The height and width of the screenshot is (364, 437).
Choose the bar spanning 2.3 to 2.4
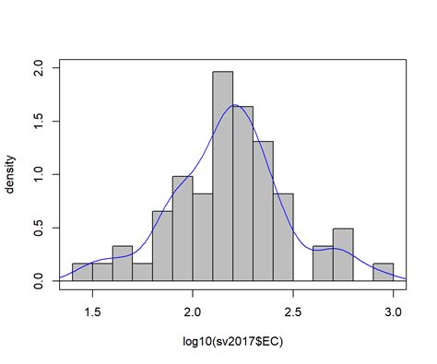pyautogui.click(x=263, y=211)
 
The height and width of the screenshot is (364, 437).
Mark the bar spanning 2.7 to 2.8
pyautogui.click(x=343, y=254)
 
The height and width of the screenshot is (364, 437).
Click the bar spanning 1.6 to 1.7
pyautogui.click(x=123, y=264)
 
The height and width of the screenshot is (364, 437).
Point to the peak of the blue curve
pyautogui.click(x=236, y=105)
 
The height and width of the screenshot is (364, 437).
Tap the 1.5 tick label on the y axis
pyautogui.click(x=38, y=122)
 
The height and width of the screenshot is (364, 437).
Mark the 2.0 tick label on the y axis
pyautogui.click(x=38, y=68)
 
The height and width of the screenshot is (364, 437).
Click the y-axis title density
pyautogui.click(x=11, y=174)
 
